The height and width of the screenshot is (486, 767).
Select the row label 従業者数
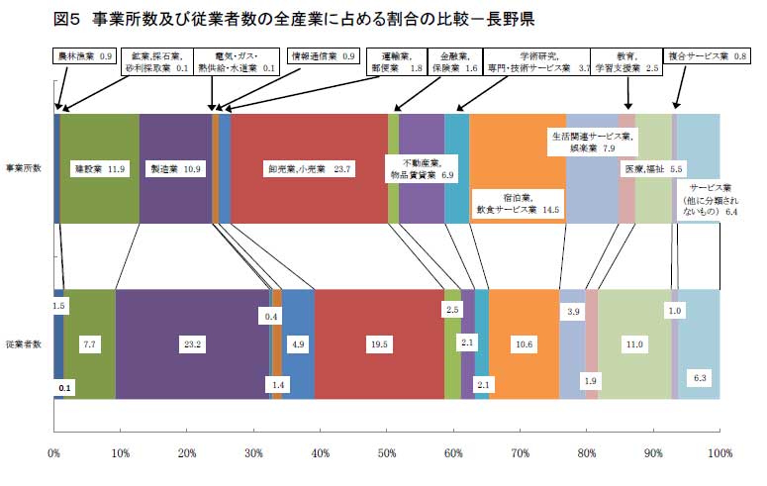[x=24, y=343]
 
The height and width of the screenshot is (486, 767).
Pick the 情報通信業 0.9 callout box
[x=322, y=56]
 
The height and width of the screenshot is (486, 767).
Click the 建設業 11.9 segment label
[x=100, y=169]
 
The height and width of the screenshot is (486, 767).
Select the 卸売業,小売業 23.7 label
[x=309, y=169]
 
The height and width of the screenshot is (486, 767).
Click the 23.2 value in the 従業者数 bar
[x=192, y=343]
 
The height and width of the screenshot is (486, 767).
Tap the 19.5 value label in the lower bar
[x=378, y=343]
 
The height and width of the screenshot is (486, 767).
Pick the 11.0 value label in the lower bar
[x=634, y=343]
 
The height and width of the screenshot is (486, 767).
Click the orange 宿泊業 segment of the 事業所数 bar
[x=518, y=148]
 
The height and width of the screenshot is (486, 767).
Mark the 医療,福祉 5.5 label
[x=653, y=169]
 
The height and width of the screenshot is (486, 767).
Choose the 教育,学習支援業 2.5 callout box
[x=625, y=62]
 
